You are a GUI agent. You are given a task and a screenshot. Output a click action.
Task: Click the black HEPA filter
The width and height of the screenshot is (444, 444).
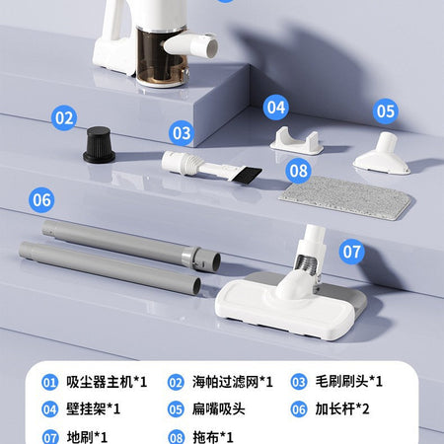pos(99,145)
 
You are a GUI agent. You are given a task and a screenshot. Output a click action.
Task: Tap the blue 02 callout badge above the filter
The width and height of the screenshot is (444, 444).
pos(64,117)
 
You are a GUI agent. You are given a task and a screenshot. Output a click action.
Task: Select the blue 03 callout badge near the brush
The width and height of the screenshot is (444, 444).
pos(182,133)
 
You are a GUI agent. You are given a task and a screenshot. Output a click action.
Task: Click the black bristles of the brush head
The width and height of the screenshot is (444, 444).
pos(247,174)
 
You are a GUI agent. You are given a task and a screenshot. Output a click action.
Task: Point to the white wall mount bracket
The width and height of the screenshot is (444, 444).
pos(296,142)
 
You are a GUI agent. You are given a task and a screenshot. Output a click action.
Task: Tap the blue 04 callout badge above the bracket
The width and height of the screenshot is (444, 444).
pos(276,108)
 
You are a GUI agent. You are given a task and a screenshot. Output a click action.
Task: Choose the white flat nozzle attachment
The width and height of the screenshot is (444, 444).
pos(382,154)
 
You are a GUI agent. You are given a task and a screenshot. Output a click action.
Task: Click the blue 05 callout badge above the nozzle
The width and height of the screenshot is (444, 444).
pos(386,111)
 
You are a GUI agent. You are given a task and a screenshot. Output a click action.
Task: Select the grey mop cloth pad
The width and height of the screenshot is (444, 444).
pos(345,197)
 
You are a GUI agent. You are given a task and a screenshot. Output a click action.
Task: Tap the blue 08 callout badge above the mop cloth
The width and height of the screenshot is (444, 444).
pos(298,171)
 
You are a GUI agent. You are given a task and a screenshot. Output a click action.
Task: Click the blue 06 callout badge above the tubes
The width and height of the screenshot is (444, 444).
pos(41,199)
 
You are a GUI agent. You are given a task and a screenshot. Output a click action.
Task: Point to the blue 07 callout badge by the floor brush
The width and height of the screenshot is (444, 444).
pos(352,252)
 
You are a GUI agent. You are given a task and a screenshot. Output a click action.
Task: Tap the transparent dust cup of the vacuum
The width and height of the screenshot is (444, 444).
pos(159,57)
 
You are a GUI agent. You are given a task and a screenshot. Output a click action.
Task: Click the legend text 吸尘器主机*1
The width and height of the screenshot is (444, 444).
pos(107,382)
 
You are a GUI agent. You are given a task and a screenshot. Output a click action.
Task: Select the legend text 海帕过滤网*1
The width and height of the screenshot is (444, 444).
pos(233,382)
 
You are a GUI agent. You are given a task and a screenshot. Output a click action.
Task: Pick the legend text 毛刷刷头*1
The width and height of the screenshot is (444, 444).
pos(349,382)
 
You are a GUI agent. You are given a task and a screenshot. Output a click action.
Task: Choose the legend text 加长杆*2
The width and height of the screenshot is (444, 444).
pos(342,409)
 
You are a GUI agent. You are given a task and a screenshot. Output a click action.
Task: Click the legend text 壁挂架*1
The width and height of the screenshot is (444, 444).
pos(93,409)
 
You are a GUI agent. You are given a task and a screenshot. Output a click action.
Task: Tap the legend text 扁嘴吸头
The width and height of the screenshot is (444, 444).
pos(219,409)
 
